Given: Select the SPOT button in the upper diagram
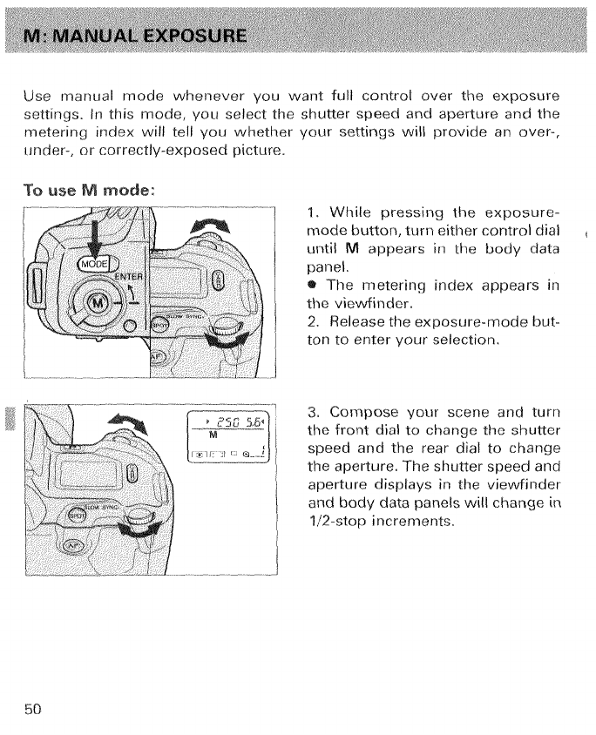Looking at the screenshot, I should [x=158, y=324].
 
